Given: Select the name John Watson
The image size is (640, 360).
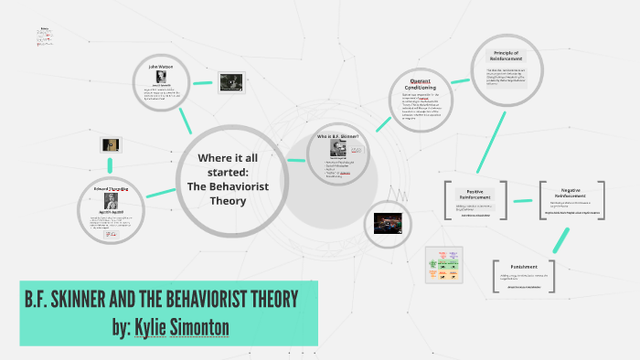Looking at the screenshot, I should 160,65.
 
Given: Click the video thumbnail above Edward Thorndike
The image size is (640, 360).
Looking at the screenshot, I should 111,145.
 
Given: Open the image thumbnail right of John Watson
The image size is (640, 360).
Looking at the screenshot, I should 230,83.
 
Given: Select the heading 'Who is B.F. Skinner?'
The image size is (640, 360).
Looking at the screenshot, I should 338,136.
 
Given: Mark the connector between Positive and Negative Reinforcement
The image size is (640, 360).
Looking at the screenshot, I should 524,199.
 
